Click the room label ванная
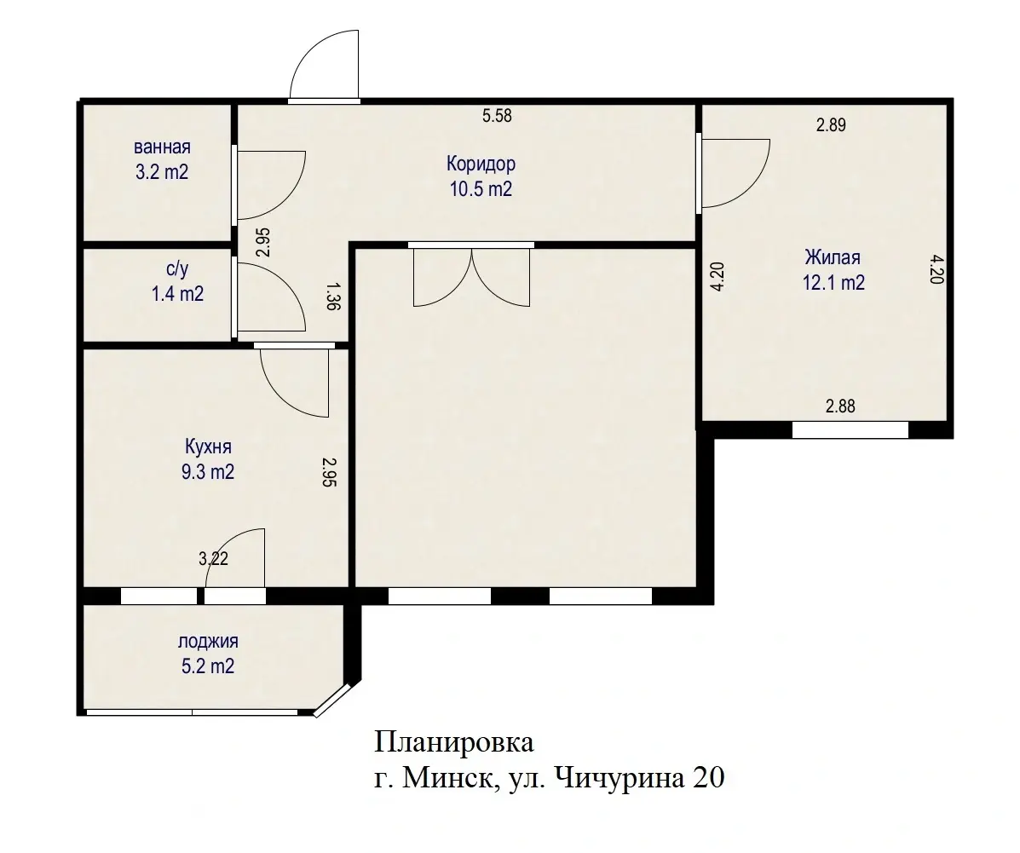pyautogui.click(x=156, y=146)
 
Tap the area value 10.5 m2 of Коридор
pyautogui.click(x=481, y=189)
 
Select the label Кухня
pyautogui.click(x=209, y=447)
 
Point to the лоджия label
pyautogui.click(x=208, y=642)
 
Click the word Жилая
pyautogui.click(x=833, y=257)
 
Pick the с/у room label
pyautogui.click(x=176, y=269)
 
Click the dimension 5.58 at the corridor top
pyautogui.click(x=497, y=116)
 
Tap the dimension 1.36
pyautogui.click(x=333, y=297)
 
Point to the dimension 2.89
pyautogui.click(x=831, y=125)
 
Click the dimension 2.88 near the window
pyautogui.click(x=840, y=406)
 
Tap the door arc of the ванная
pyautogui.click(x=270, y=183)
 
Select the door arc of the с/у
pyautogui.click(x=270, y=297)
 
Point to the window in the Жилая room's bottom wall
pyautogui.click(x=850, y=430)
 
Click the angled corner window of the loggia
pyautogui.click(x=332, y=700)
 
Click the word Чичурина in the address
pyautogui.click(x=619, y=778)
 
